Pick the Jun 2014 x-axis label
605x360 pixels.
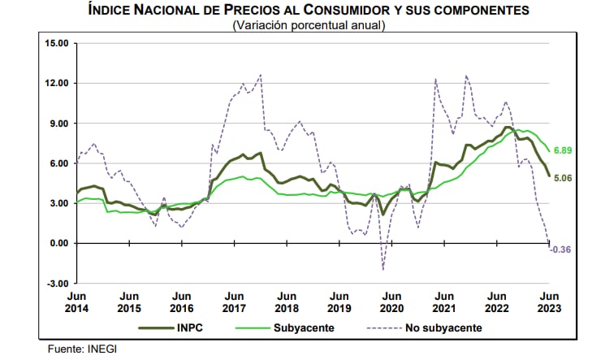(x=77, y=302)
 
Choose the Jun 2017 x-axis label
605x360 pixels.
(x=234, y=302)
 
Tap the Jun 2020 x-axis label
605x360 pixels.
(x=391, y=302)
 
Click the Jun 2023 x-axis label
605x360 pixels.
(x=549, y=302)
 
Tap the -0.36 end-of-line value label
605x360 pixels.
(x=562, y=249)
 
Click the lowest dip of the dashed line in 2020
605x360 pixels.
(x=382, y=269)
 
